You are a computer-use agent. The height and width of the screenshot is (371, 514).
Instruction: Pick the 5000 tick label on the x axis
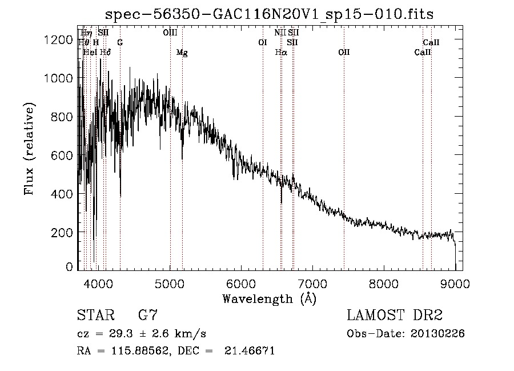pos(170,282)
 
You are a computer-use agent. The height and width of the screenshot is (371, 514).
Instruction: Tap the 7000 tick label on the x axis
pos(312,282)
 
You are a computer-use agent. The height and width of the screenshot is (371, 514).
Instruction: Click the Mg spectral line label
pos(182,53)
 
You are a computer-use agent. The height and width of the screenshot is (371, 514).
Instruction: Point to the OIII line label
pos(170,33)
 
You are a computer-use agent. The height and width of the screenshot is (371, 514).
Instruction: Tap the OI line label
pos(263,42)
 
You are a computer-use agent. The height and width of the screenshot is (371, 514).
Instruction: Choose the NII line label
pos(280,33)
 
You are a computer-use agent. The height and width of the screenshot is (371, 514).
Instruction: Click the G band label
pos(120,42)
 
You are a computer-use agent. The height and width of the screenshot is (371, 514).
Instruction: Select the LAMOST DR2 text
pos(395,315)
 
